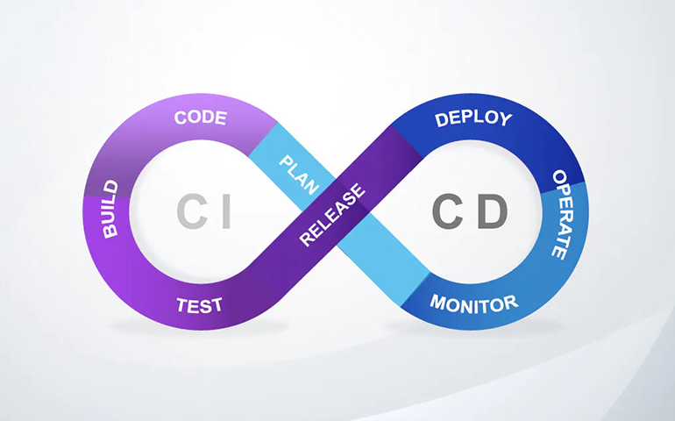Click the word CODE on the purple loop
pyautogui.click(x=201, y=118)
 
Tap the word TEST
pyautogui.click(x=199, y=305)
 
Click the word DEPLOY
pyautogui.click(x=472, y=118)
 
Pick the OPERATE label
pyautogui.click(x=563, y=214)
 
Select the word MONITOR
pyautogui.click(x=473, y=303)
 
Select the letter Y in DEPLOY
pyautogui.click(x=504, y=120)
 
